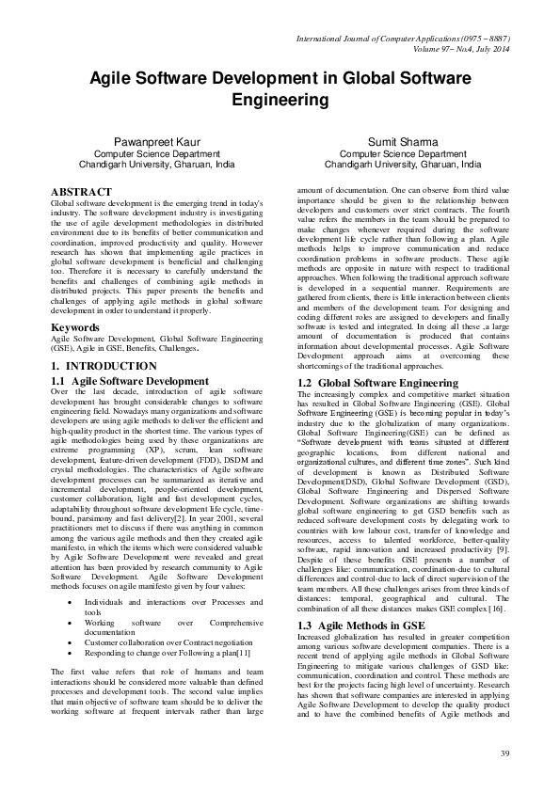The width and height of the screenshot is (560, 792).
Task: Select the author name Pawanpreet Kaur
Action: click(x=157, y=142)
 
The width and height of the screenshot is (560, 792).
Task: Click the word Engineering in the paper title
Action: click(x=280, y=98)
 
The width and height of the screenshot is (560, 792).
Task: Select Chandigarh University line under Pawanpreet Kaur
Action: click(x=157, y=164)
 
